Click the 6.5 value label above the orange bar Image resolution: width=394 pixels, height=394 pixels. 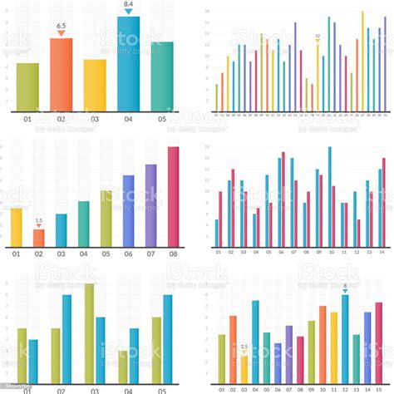[61, 27]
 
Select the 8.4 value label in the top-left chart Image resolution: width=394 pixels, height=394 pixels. [128, 5]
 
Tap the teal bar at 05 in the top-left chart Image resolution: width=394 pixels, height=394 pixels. [162, 76]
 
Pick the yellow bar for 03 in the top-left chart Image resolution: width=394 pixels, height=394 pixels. [95, 85]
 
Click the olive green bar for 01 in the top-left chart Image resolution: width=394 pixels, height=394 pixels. [27, 86]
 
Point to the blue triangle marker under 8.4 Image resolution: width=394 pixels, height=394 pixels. [128, 12]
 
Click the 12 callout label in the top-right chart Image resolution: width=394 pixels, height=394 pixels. [318, 37]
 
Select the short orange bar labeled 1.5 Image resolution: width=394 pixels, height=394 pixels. [38, 238]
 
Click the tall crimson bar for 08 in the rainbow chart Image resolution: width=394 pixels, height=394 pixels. [173, 197]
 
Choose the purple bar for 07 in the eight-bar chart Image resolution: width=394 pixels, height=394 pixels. [150, 205]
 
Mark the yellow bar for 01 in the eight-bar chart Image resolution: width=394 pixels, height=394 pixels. [17, 227]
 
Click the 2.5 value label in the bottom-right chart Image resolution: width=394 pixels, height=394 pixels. [244, 347]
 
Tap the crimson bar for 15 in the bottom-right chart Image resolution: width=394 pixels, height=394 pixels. [378, 342]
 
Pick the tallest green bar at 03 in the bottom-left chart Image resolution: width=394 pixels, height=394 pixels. [89, 332]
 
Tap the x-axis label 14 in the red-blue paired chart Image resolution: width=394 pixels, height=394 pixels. [381, 252]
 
